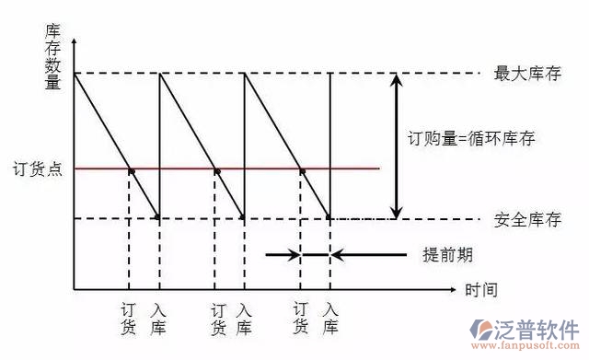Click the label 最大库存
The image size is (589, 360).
(x=526, y=73)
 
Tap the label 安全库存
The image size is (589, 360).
(x=526, y=219)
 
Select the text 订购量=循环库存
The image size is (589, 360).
(x=471, y=139)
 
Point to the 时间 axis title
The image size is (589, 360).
(x=481, y=290)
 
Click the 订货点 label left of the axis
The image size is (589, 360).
(x=37, y=169)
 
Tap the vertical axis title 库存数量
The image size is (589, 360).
(x=52, y=57)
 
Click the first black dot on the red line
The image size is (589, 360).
(x=131, y=170)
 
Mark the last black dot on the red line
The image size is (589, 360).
(x=302, y=170)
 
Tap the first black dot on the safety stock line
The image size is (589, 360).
(x=158, y=218)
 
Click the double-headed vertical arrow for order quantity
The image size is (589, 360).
(x=397, y=145)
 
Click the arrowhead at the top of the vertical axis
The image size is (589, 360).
(x=75, y=44)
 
